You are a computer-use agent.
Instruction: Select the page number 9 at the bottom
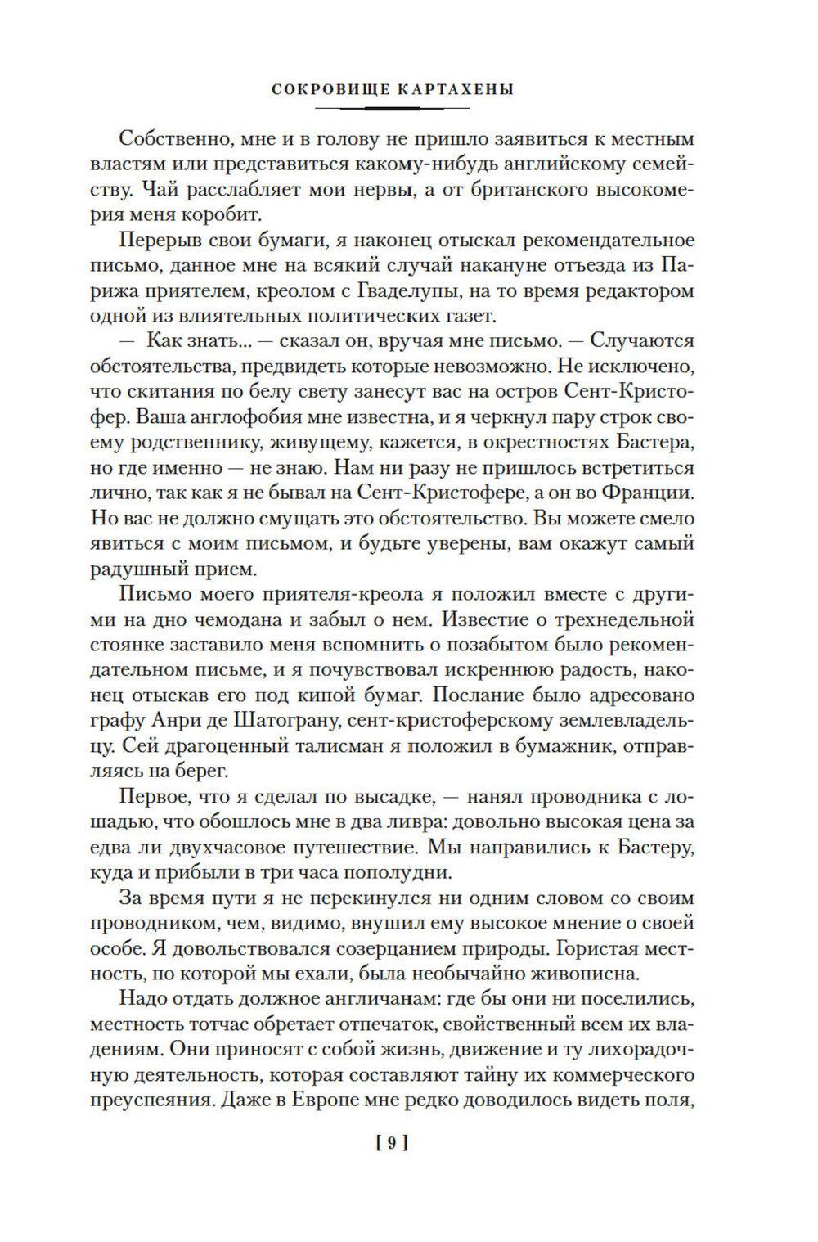pyautogui.click(x=391, y=1144)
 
